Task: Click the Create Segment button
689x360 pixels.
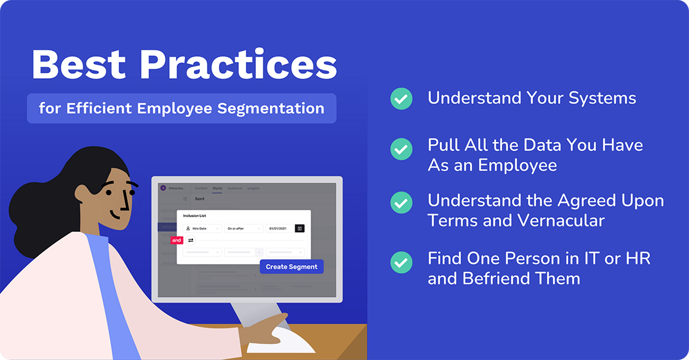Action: click(x=292, y=266)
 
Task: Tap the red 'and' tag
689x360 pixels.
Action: click(x=177, y=240)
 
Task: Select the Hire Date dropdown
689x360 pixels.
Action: click(x=202, y=228)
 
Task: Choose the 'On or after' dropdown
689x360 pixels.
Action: click(x=244, y=228)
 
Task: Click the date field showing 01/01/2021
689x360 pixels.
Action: click(x=279, y=228)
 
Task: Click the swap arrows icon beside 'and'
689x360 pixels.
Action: click(x=191, y=240)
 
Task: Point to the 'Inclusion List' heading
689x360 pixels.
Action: click(x=194, y=216)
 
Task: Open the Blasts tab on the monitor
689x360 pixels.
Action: click(x=217, y=188)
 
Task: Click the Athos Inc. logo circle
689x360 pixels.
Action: click(x=163, y=188)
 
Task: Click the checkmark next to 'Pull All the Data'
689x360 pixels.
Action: click(x=401, y=148)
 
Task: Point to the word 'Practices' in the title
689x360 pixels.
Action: click(x=237, y=63)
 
